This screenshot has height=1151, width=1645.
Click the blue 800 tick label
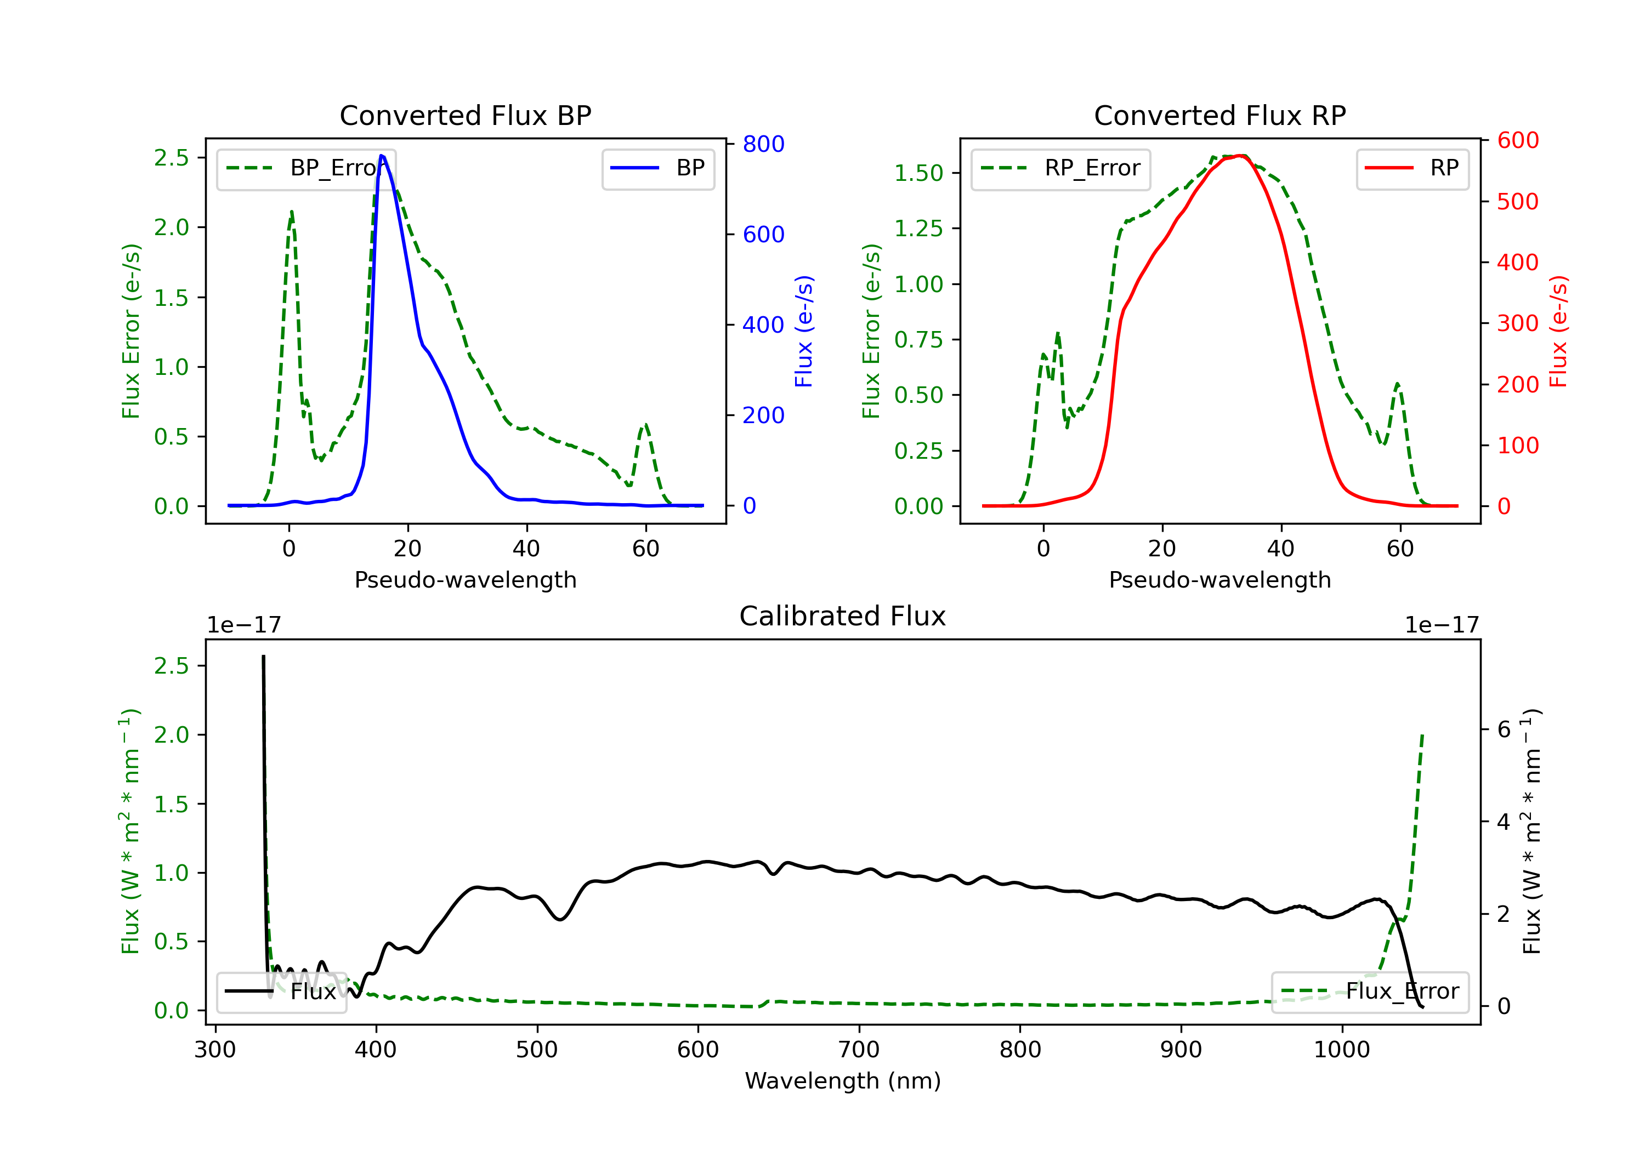click(x=763, y=144)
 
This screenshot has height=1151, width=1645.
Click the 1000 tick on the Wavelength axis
click(x=1341, y=1050)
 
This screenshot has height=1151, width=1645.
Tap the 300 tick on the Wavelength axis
click(x=215, y=1050)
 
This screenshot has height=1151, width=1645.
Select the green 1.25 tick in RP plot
click(x=918, y=229)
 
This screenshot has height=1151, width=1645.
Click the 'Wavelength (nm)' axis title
click(x=843, y=1081)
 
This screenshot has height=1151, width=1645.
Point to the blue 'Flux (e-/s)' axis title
click(x=804, y=332)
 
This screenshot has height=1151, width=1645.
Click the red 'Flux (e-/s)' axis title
click(x=1558, y=332)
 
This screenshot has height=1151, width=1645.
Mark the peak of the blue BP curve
click(x=381, y=156)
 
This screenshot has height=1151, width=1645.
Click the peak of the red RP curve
click(x=1241, y=156)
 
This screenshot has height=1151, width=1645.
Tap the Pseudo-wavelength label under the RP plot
click(x=1219, y=580)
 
